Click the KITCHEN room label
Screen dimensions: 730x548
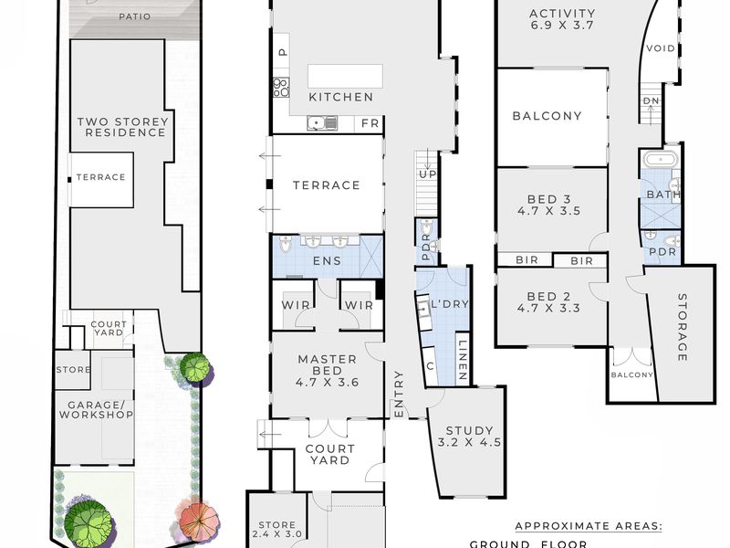click(x=340, y=97)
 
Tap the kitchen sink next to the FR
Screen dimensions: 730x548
click(x=322, y=123)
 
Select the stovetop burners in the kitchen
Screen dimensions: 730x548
click(x=281, y=88)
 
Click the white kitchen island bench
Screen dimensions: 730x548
click(x=345, y=77)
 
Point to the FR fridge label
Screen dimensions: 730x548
click(x=370, y=123)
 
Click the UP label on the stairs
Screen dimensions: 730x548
click(x=427, y=174)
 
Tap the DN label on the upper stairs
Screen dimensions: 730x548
click(x=651, y=100)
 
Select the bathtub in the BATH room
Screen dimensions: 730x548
click(x=660, y=159)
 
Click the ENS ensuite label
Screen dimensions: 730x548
click(x=327, y=261)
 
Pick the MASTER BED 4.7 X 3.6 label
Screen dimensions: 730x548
click(x=328, y=371)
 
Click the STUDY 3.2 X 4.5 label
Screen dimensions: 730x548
click(x=469, y=437)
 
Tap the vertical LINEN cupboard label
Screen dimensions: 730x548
click(x=463, y=360)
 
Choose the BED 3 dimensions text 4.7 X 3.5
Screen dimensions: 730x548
click(x=549, y=211)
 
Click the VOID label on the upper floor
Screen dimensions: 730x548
click(x=661, y=48)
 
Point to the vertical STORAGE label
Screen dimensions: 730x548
click(x=682, y=327)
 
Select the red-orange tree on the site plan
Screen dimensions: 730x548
click(x=198, y=520)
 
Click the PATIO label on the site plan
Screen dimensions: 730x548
click(x=134, y=16)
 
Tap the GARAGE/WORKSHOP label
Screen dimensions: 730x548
click(x=96, y=410)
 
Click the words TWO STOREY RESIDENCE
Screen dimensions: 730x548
click(x=122, y=127)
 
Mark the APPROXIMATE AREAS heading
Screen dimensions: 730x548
click(x=589, y=526)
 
